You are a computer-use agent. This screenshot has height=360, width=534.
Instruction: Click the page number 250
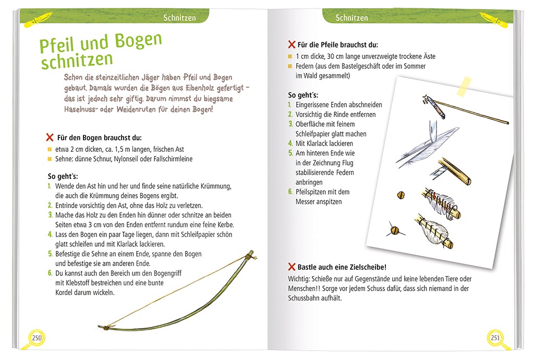pos(37,338)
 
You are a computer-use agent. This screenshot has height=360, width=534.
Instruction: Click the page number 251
pos(495,338)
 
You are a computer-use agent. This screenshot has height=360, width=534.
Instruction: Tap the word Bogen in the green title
pos(138,41)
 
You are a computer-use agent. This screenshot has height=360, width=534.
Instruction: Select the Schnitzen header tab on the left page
pos(179,18)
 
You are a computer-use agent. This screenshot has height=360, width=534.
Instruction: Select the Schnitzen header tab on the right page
pos(351,18)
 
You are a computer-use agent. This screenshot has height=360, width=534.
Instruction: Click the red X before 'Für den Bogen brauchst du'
pos(50,137)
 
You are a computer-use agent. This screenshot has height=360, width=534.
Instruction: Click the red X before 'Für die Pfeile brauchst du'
pos(292,45)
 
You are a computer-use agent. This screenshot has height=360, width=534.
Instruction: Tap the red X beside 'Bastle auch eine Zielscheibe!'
pos(292,267)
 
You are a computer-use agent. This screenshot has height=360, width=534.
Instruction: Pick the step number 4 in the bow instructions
pos(50,234)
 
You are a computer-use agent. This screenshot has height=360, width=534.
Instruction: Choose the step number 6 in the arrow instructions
pos(290,192)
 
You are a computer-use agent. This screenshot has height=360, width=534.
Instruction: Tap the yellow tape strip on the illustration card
pos(464,86)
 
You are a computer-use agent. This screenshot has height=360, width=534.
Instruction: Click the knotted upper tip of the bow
pos(251,255)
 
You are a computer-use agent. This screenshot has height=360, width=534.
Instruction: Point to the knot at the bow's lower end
pos(106,328)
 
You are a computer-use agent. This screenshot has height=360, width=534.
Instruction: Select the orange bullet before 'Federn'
pos(290,66)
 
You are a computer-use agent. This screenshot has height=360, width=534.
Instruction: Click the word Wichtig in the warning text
pos(299,279)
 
